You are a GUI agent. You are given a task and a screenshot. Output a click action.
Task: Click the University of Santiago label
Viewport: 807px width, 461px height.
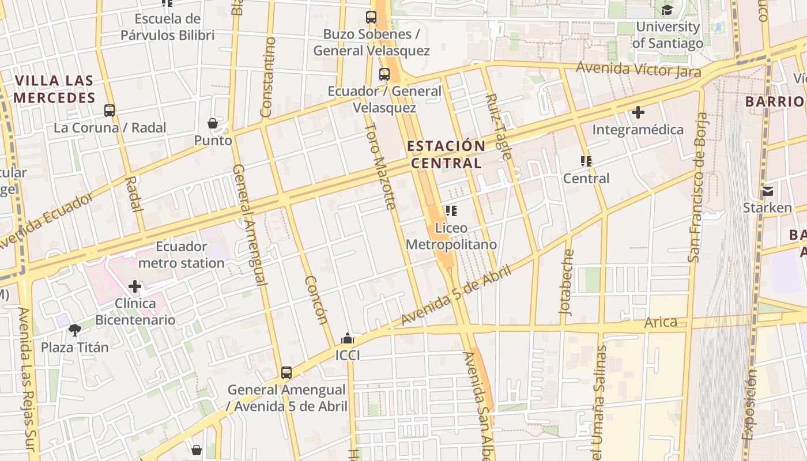point(668,35)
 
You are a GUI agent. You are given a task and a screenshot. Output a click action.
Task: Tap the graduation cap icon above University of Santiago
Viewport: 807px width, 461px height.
point(667,10)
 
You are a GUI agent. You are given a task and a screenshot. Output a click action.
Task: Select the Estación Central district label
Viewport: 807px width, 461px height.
point(447,154)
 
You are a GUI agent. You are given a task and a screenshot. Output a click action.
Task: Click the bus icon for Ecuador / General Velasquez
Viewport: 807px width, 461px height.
point(384,74)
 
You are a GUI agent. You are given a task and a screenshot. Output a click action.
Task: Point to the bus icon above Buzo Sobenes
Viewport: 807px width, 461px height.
point(371,17)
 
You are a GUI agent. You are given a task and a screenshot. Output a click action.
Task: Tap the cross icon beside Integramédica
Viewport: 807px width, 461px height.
point(638,112)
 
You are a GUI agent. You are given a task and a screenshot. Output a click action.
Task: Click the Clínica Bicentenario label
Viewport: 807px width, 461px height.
point(135,311)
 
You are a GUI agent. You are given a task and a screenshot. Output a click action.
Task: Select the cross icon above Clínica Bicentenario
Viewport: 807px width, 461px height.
point(135,286)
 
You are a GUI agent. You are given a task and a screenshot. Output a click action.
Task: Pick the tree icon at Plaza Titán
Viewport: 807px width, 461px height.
point(74,330)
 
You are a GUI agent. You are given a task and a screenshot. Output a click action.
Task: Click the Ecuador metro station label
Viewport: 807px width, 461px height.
point(182,255)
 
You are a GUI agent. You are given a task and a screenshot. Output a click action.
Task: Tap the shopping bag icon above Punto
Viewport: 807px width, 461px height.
point(213,123)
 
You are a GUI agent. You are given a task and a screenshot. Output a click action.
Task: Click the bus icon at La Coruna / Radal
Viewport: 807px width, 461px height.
point(110,111)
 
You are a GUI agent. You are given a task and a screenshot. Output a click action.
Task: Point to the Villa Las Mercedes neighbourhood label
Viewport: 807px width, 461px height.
point(54,89)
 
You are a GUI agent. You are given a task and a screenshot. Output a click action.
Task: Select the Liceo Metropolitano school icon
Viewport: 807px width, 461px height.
point(451,211)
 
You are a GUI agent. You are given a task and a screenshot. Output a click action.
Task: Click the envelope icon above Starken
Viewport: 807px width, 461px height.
point(767,191)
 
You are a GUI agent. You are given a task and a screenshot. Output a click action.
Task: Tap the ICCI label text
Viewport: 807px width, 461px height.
point(348,356)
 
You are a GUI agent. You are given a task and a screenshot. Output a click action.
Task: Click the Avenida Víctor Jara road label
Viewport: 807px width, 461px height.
point(639,70)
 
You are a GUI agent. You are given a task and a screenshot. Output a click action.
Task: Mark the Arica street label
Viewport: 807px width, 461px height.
point(661,322)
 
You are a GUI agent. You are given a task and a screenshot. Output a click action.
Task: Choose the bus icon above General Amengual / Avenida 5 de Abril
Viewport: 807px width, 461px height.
point(286,373)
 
